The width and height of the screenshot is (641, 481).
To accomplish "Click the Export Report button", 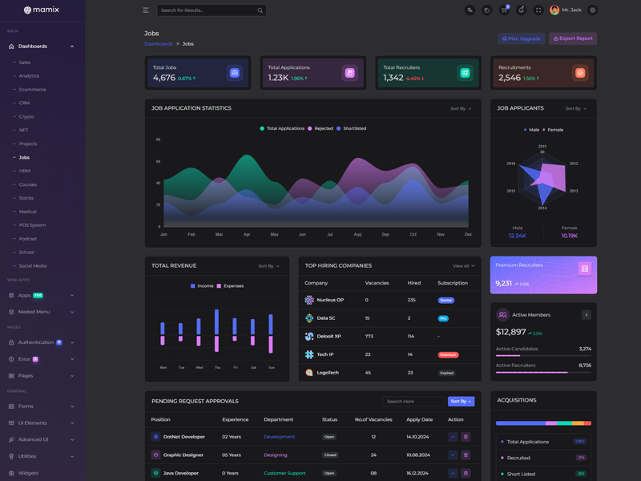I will (573, 38).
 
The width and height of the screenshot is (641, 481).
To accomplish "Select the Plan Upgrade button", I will (521, 38).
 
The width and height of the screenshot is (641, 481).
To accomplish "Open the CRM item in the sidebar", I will (25, 103).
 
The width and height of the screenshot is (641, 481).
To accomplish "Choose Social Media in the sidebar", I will (33, 265).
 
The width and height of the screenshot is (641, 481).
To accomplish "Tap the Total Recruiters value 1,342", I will (393, 78).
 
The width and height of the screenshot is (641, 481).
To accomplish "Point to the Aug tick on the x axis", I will (357, 234).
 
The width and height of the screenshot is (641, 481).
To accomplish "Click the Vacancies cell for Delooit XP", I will (369, 336).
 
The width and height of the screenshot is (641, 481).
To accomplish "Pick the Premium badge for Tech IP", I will (448, 354).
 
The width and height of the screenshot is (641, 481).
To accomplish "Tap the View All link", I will (463, 265).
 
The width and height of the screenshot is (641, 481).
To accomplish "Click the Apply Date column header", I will (419, 419).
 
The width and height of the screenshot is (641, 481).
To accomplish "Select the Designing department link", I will (275, 455).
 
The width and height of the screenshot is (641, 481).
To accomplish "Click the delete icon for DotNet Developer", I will (466, 437).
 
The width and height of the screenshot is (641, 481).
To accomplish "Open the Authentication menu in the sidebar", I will (36, 342).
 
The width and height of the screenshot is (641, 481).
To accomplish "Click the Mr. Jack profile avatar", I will (554, 10).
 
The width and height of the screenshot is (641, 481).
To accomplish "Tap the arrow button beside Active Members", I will (586, 315).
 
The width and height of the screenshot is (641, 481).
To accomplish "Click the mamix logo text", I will (46, 10).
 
